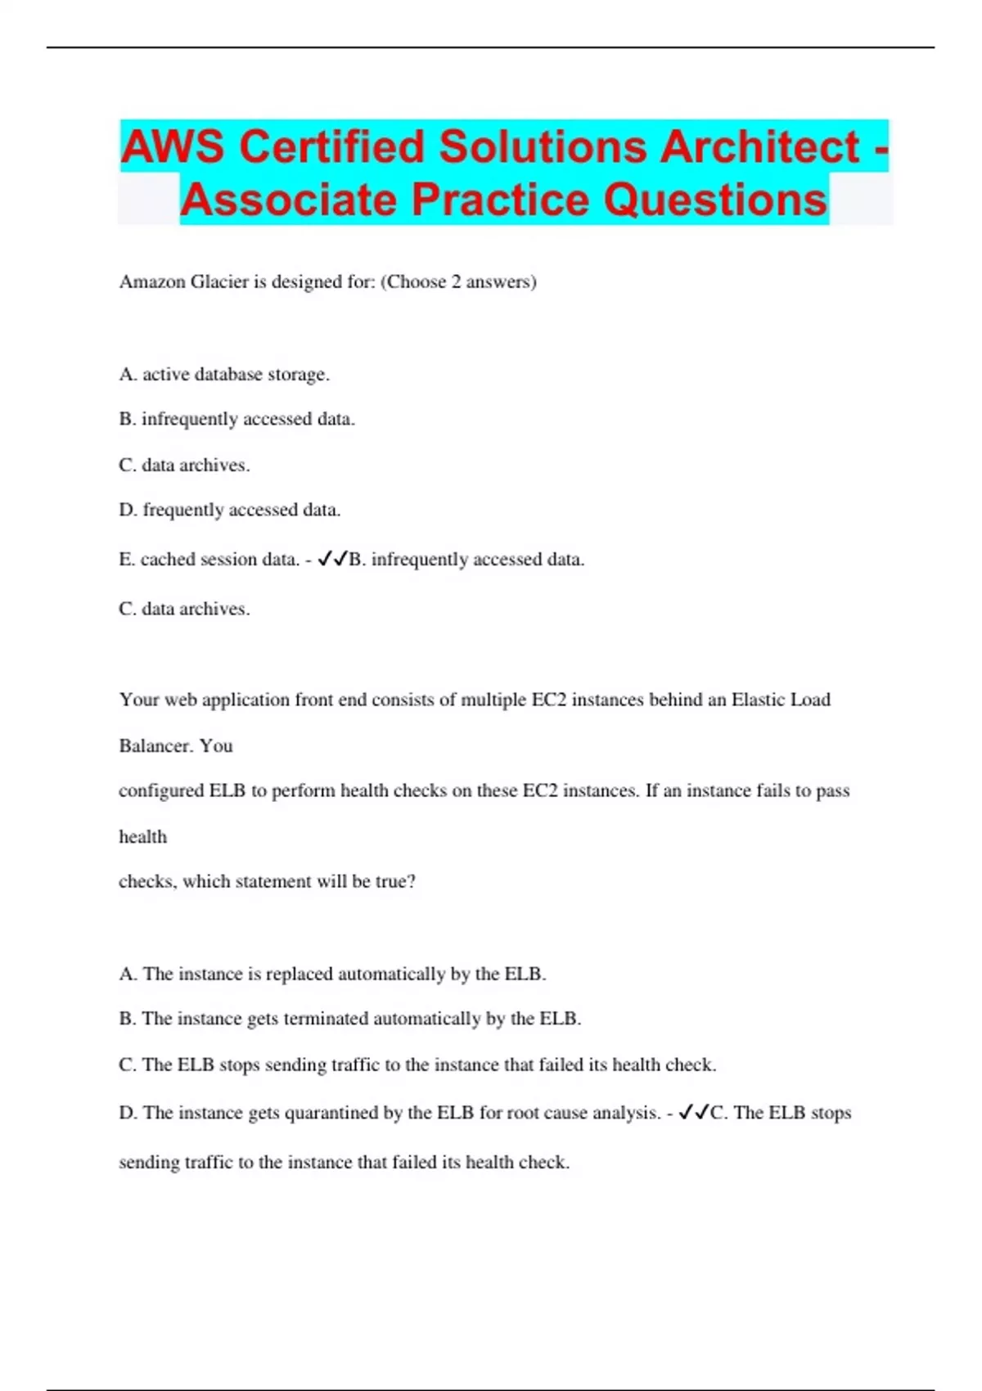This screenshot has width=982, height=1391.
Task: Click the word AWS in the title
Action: click(173, 147)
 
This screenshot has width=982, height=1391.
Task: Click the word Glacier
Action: click(219, 282)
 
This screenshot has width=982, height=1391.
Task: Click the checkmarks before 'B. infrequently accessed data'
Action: click(332, 559)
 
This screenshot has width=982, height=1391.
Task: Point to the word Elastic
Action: click(757, 700)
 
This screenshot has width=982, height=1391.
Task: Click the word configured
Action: click(161, 791)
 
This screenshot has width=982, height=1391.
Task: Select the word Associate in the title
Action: click(290, 200)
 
